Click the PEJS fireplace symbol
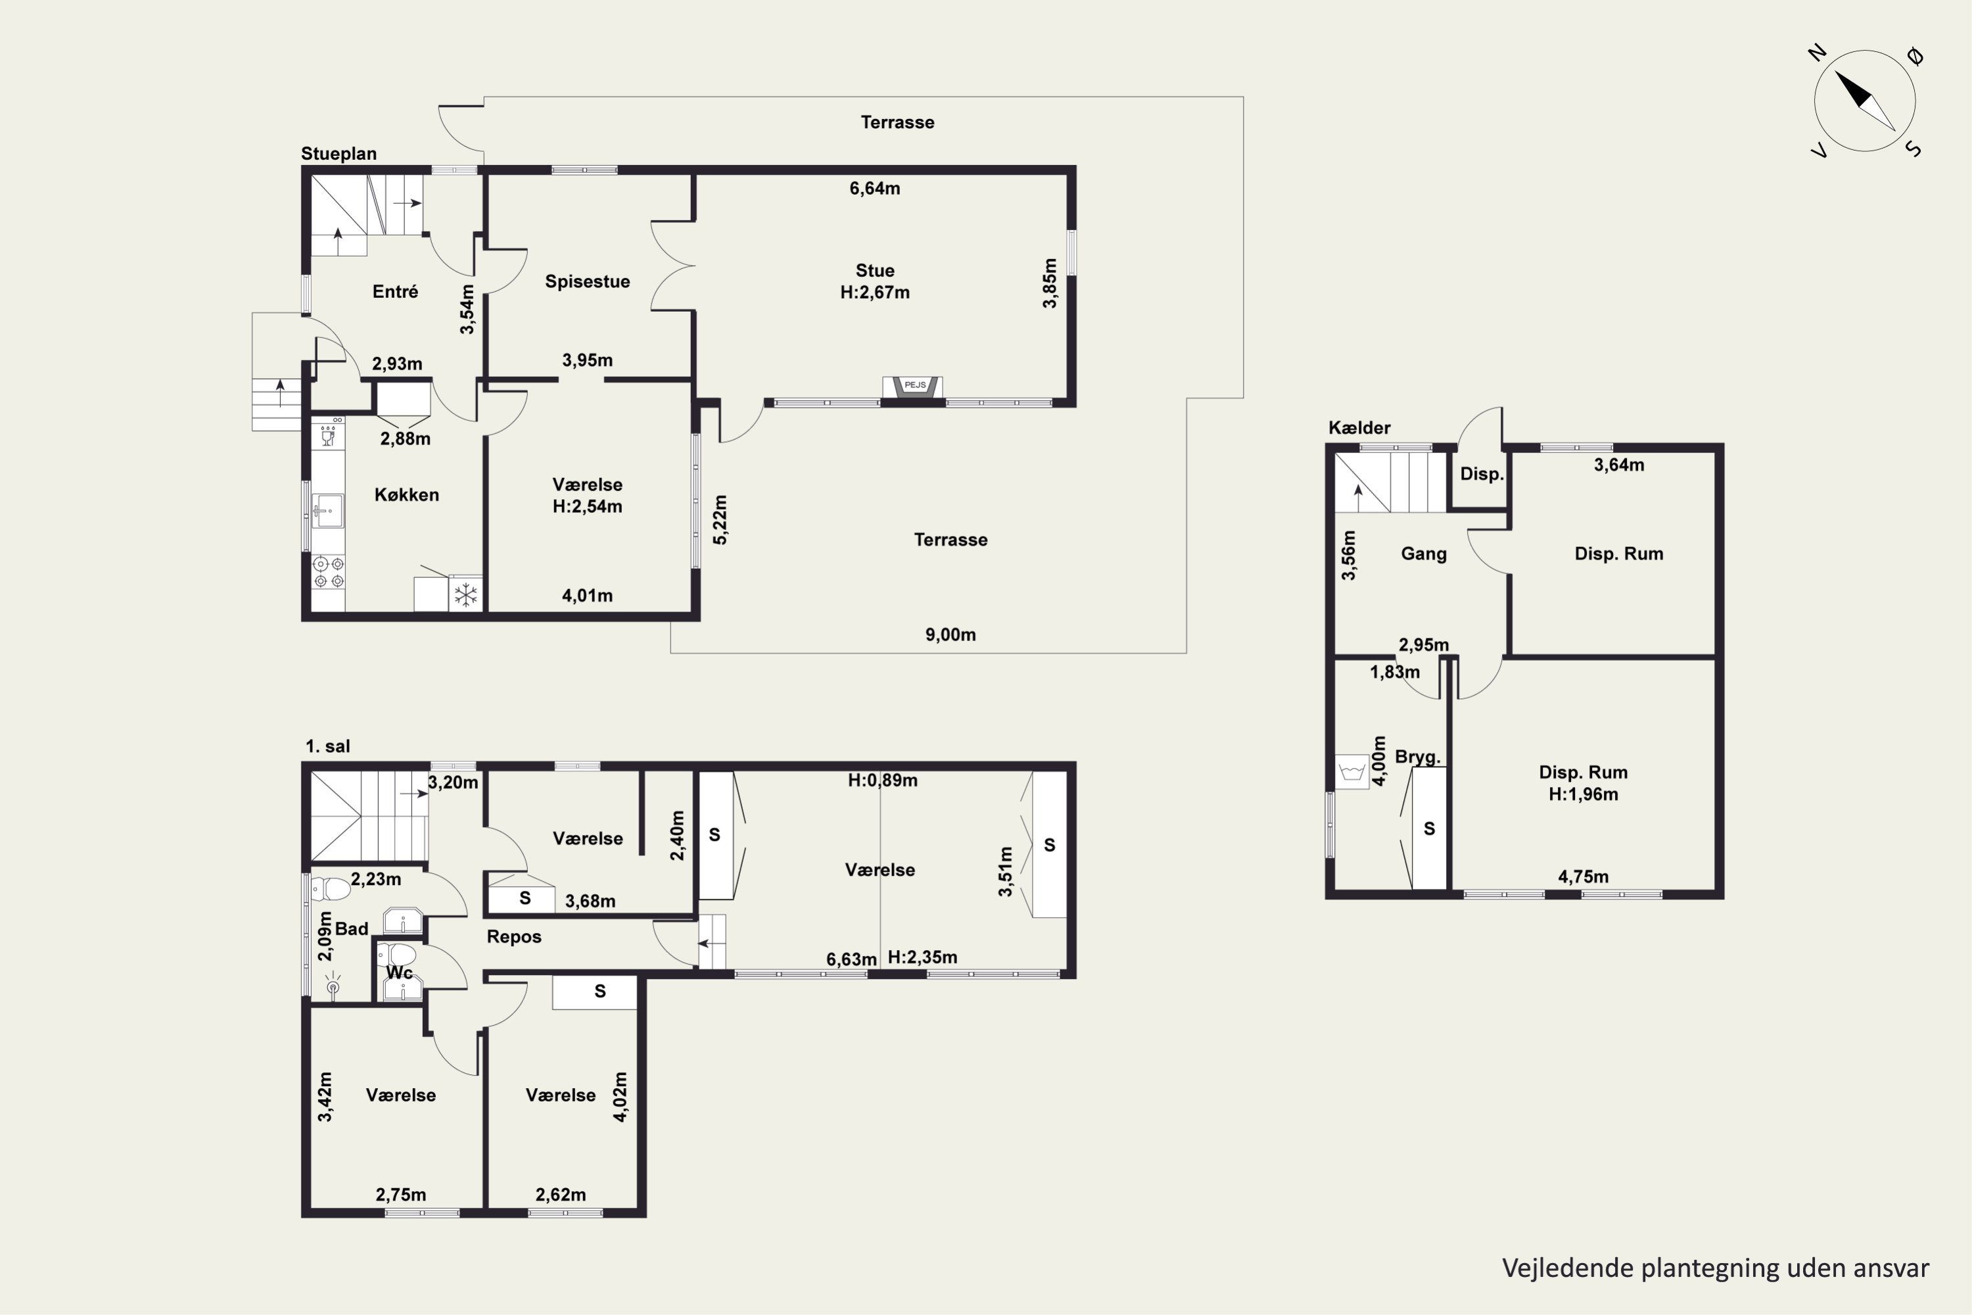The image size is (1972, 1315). click(x=913, y=386)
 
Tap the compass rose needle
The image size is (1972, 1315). click(x=1865, y=101)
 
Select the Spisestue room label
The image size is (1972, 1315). click(x=587, y=281)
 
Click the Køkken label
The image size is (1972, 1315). click(x=407, y=495)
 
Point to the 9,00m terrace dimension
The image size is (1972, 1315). click(x=950, y=635)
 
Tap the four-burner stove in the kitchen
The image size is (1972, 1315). click(x=328, y=572)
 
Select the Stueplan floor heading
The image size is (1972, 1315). click(x=339, y=153)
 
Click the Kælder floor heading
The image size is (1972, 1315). click(x=1359, y=428)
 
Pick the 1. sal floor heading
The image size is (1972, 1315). click(x=328, y=746)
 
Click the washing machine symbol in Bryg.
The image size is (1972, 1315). click(x=1351, y=769)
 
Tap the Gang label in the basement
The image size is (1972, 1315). click(x=1424, y=554)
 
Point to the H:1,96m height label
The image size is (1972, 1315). click(x=1583, y=794)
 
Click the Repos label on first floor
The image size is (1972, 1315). click(x=514, y=937)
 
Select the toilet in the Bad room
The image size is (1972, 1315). click(x=331, y=889)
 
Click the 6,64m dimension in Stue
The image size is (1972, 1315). click(x=874, y=189)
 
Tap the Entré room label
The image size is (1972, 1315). click(x=395, y=291)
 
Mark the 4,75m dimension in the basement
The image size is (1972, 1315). click(x=1583, y=877)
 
